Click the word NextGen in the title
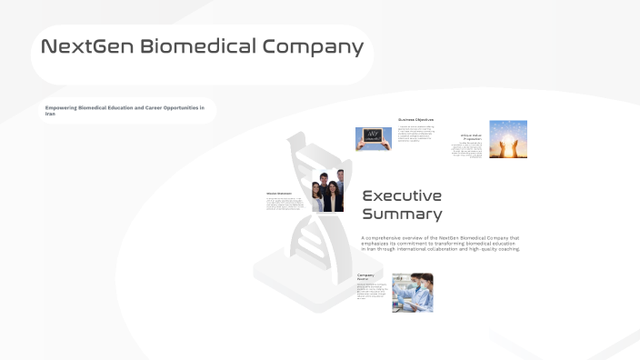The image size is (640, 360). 87,47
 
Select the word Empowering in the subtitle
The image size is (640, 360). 61,108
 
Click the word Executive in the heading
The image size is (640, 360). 402,195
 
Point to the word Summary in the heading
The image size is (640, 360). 402,215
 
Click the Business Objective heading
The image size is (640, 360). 415,120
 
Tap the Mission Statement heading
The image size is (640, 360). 280,193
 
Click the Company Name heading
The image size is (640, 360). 365,276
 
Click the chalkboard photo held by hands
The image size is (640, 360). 373,138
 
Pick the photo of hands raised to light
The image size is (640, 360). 508,139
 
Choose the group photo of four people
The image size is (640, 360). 328,191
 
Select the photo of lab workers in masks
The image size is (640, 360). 412,293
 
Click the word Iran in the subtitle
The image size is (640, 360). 50,114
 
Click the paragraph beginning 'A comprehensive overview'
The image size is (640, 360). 440,244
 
